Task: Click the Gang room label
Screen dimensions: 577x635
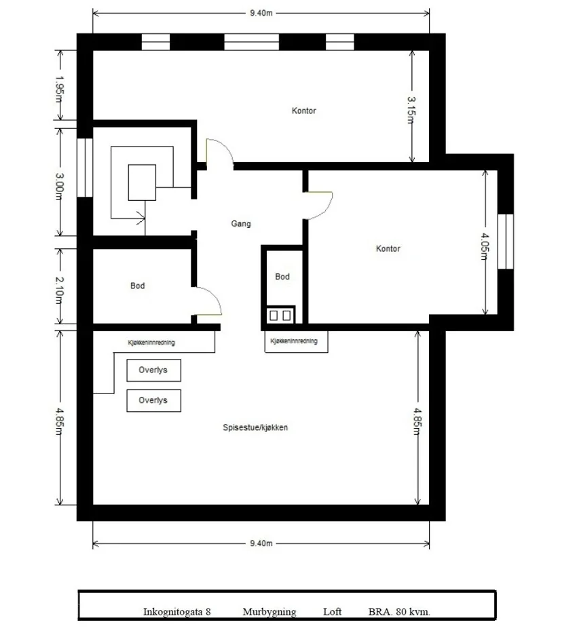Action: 241,224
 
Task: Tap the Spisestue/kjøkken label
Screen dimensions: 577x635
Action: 255,427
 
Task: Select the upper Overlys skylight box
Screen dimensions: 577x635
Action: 153,370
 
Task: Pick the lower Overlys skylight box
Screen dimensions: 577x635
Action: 153,400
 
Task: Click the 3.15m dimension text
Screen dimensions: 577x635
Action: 411,110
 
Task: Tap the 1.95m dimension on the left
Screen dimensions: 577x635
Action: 59,90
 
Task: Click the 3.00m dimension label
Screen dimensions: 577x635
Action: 59,187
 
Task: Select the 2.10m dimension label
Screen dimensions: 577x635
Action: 59,290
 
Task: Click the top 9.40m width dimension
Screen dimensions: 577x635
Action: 261,13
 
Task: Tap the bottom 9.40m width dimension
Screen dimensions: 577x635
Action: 261,543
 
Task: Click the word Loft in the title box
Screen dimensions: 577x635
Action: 332,611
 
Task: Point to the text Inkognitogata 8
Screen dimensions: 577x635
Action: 177,612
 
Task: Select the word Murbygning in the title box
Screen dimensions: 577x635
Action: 269,612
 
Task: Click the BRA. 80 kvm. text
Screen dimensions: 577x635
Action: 399,611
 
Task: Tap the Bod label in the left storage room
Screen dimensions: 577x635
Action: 137,286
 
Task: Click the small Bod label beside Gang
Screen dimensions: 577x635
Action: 282,277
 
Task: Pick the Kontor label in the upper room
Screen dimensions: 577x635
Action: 304,111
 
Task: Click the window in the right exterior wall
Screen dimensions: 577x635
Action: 506,242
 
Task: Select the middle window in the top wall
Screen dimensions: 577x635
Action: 252,42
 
